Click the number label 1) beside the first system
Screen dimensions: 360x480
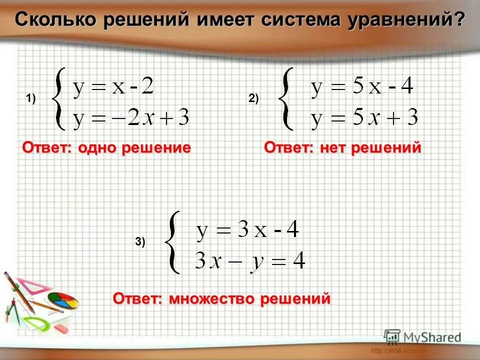click(x=31, y=99)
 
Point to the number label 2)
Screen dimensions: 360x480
click(x=253, y=99)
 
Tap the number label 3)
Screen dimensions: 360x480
click(x=140, y=242)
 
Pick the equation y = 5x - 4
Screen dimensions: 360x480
click(x=362, y=87)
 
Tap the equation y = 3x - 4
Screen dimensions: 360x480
click(x=247, y=231)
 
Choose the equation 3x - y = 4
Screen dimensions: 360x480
click(x=250, y=261)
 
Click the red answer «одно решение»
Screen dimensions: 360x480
click(x=134, y=148)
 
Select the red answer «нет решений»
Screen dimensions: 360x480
click(x=369, y=148)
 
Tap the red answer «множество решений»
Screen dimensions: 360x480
click(x=250, y=299)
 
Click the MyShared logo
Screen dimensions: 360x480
click(x=422, y=336)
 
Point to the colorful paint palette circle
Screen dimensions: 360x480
click(x=63, y=300)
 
